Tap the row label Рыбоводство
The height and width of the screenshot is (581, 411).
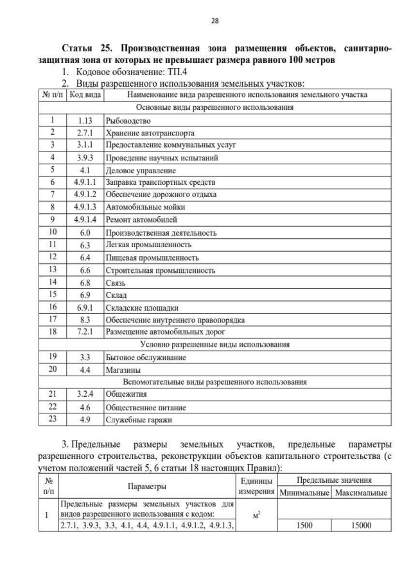coord(128,121)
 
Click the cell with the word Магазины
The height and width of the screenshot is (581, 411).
coord(124,370)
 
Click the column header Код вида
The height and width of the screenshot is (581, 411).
coord(84,95)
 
